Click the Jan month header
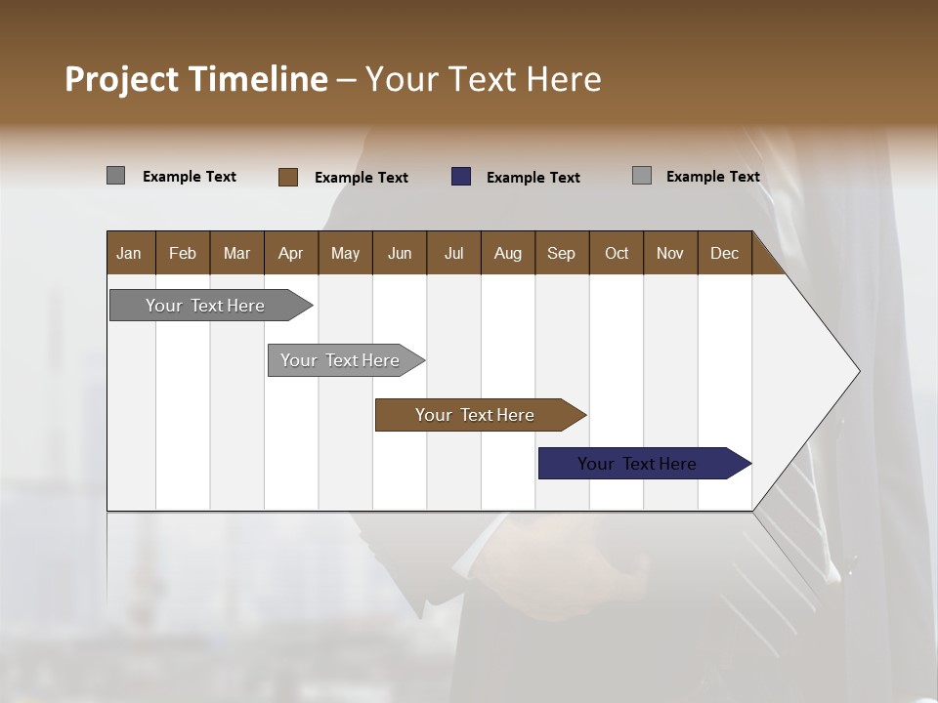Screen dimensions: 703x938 coord(129,253)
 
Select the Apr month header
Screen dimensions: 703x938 coord(290,253)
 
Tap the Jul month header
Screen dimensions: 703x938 coord(453,253)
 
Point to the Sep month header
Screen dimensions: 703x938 coord(561,253)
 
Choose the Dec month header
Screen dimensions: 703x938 coord(724,253)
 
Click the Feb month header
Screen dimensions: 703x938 coord(183,253)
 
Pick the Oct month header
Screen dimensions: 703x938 coord(617,253)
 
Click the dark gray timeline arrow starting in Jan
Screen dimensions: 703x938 coord(205,306)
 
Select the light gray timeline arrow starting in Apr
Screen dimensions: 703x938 coord(340,360)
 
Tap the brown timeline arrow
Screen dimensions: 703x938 coord(475,415)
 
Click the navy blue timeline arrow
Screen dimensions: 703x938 coord(637,464)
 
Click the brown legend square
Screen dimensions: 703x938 coord(288,177)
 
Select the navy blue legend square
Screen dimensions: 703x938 coord(461,177)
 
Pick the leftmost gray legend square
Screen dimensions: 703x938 coord(115,176)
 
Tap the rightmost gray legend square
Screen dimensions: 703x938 coord(642,176)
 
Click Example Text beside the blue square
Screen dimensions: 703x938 coord(533,178)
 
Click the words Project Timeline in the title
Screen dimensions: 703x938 coord(196,79)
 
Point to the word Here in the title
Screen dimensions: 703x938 coord(564,79)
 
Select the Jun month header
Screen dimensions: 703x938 coord(400,253)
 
